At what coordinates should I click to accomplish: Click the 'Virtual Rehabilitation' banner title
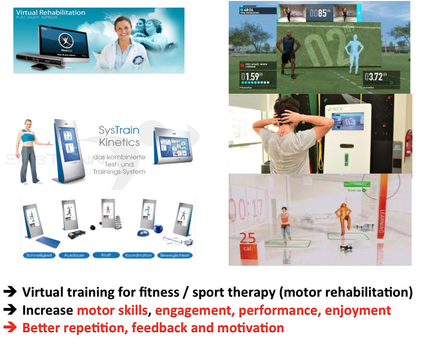[50, 12]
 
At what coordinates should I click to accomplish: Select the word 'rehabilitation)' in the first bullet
[372, 293]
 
